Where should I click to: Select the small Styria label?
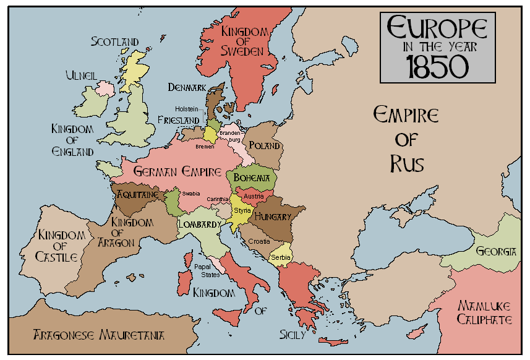[242, 211]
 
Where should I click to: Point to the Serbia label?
[281, 256]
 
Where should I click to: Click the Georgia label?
[496, 251]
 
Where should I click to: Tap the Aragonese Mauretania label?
[99, 335]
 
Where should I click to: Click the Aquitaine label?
[138, 194]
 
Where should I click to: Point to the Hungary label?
[272, 217]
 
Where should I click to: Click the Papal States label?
[207, 271]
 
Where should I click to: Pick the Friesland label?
[178, 119]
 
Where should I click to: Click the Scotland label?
[115, 42]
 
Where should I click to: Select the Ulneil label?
[81, 75]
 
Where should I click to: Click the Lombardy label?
[199, 224]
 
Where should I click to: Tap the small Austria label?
[254, 196]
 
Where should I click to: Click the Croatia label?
[259, 241]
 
